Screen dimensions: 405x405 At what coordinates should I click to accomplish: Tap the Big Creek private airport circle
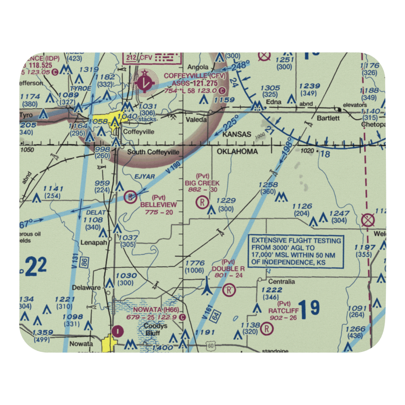point(202,201)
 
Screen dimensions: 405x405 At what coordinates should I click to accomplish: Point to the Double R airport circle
point(229,290)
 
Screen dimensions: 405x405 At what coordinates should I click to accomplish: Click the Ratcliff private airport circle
point(266,329)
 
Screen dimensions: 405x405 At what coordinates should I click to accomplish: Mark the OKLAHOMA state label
point(237,151)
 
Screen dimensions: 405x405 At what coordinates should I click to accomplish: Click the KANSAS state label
point(237,134)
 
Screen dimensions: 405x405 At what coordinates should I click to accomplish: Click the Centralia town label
point(281,281)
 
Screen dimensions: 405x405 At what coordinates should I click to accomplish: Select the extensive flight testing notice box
point(296,252)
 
